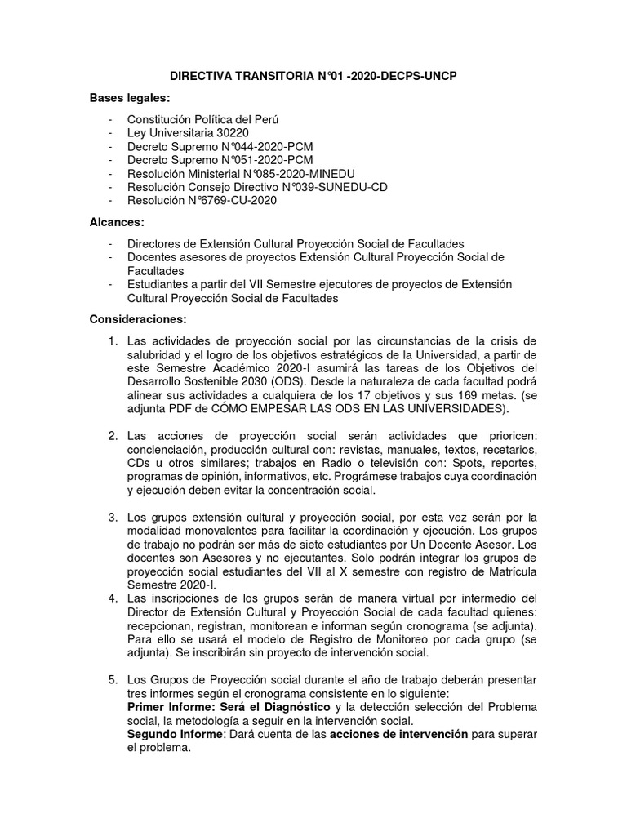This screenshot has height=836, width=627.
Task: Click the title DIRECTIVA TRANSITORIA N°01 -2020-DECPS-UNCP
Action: [313, 77]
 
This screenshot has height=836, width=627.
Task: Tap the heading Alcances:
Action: [118, 221]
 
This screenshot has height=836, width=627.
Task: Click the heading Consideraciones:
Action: [139, 318]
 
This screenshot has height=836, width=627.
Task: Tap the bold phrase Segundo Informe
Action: [173, 734]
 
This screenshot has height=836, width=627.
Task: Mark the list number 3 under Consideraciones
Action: [113, 517]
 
